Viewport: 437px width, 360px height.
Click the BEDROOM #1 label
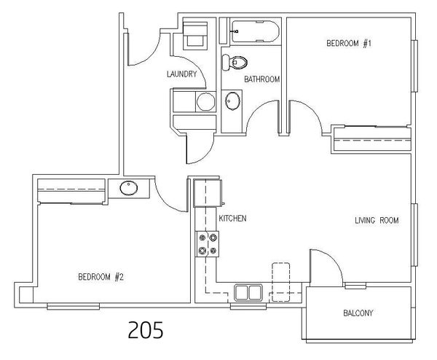[349, 44]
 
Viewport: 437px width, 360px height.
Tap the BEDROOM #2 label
[101, 277]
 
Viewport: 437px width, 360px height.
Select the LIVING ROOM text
[377, 221]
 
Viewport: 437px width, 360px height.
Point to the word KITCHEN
[232, 219]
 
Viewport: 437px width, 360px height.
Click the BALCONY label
[358, 313]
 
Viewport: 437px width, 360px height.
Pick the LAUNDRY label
[181, 74]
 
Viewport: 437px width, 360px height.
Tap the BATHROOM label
[261, 79]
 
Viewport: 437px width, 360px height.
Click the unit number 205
[146, 329]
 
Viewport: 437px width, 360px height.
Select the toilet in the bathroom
[235, 63]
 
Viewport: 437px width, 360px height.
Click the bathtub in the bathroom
[255, 31]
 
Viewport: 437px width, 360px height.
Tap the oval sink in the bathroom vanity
[232, 101]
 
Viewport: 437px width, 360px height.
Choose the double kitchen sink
[248, 293]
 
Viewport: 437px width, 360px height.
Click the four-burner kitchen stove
[207, 244]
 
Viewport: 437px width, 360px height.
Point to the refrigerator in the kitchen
[208, 194]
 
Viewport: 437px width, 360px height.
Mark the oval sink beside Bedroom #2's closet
[129, 188]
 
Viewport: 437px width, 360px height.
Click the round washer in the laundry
[205, 102]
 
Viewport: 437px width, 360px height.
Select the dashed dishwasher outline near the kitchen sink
[281, 282]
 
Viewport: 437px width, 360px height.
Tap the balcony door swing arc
[332, 258]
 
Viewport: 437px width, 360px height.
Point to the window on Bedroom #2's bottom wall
[74, 307]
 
